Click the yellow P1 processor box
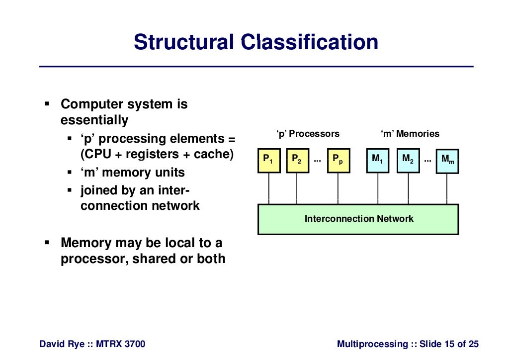269,160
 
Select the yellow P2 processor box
297,160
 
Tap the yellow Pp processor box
338,160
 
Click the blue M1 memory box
378,160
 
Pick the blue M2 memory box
408,160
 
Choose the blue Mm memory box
447,161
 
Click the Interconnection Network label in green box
358,219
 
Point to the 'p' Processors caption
308,134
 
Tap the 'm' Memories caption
410,134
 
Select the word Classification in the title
310,42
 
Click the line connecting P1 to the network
269,188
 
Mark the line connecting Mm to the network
447,188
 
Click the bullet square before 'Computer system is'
47,104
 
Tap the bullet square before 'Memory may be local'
47,243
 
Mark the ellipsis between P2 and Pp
317,160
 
